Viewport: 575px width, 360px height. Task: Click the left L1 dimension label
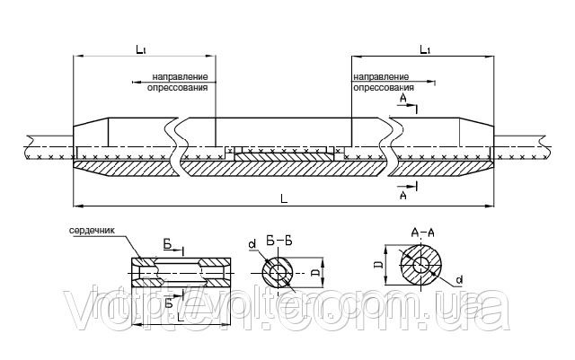pyautogui.click(x=141, y=49)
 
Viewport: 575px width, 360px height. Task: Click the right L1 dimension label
pyautogui.click(x=425, y=49)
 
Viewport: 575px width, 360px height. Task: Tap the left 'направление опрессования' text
pyautogui.click(x=178, y=82)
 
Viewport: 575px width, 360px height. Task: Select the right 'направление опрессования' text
pyautogui.click(x=384, y=82)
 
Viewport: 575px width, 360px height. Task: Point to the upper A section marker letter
pyautogui.click(x=403, y=98)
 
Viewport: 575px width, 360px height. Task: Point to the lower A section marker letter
pyautogui.click(x=403, y=196)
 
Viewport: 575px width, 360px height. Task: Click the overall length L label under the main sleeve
pyautogui.click(x=284, y=198)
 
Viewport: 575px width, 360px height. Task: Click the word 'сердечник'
pyautogui.click(x=92, y=231)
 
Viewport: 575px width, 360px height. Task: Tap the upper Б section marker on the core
pyautogui.click(x=168, y=244)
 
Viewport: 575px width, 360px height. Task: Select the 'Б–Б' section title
pyautogui.click(x=279, y=241)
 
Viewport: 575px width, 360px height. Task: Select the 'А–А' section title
pyautogui.click(x=422, y=233)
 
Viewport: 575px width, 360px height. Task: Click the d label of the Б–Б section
pyautogui.click(x=252, y=244)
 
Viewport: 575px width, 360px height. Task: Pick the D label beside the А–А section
pyautogui.click(x=380, y=264)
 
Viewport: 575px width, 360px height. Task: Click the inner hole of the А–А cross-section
pyautogui.click(x=420, y=265)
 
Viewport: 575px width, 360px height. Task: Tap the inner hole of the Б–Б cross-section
pyautogui.click(x=278, y=273)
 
